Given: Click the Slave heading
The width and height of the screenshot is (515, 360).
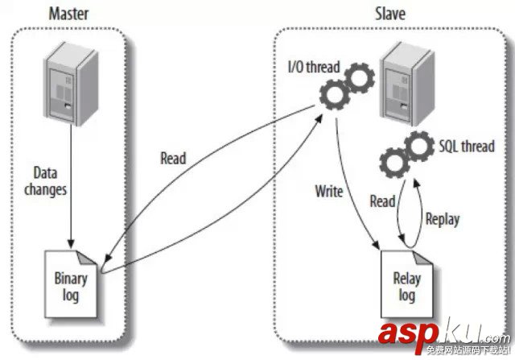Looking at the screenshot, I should pyautogui.click(x=389, y=13).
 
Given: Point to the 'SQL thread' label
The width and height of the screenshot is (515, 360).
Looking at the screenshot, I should pyautogui.click(x=464, y=146).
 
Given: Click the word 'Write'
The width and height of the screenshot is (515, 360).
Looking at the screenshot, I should pyautogui.click(x=328, y=192).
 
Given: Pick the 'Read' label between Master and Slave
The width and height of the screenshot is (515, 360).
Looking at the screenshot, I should pyautogui.click(x=173, y=159).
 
